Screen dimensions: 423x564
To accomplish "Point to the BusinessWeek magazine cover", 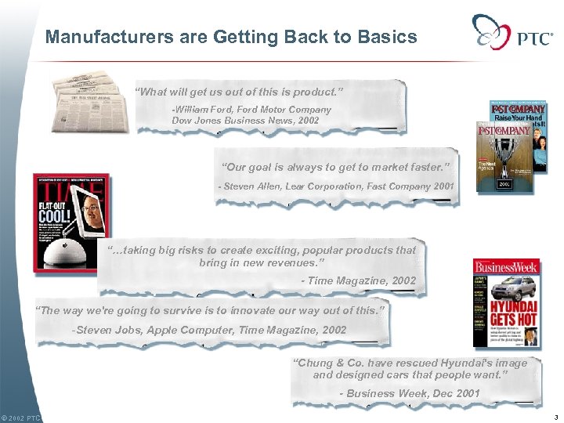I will (x=506, y=303).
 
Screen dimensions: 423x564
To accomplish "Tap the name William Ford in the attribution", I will (x=203, y=110).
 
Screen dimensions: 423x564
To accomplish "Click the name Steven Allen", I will (x=255, y=186).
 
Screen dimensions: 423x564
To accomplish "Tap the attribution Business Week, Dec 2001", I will (x=409, y=392).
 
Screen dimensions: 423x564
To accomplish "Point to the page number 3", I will (x=554, y=418).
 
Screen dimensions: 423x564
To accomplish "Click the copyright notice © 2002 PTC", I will (x=20, y=418).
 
